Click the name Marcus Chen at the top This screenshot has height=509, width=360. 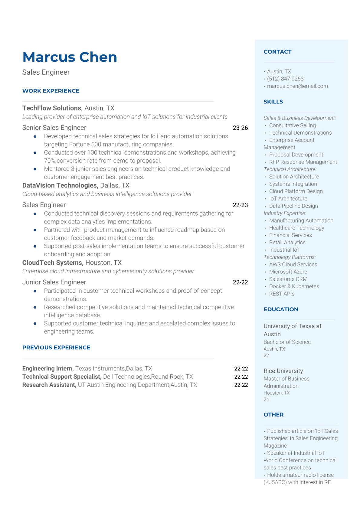70,57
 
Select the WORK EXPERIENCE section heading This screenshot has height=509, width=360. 51,91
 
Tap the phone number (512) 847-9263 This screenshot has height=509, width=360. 285,79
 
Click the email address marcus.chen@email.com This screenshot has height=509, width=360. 297,86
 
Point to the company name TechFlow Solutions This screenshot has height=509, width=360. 52,108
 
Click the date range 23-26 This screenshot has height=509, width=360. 240,128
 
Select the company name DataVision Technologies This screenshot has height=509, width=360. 60,185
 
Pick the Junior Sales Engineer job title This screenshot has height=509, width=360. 54,282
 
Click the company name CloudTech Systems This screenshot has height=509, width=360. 52,263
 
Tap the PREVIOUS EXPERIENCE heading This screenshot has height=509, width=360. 56,347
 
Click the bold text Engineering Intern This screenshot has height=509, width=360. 47,368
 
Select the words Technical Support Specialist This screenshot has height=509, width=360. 61,377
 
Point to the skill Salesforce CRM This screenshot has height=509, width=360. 288,279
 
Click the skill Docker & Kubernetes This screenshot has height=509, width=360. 294,286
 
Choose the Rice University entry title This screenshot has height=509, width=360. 283,371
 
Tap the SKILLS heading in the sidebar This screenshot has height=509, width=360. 273,102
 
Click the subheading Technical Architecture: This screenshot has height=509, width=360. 290,169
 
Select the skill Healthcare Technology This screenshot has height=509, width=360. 296,228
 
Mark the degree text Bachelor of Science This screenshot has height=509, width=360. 287,342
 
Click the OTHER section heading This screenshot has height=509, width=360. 273,415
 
